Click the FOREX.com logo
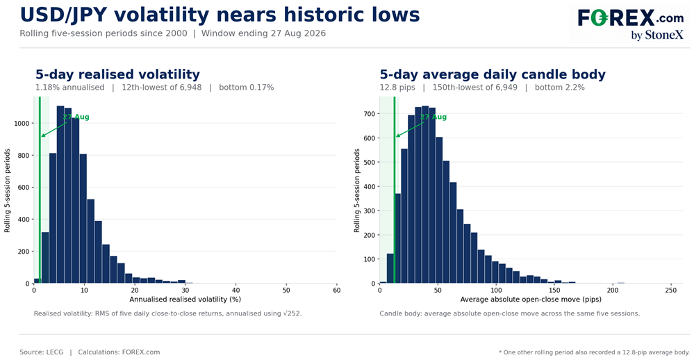[630, 24]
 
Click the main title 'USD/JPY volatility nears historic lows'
[220, 15]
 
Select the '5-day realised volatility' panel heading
[117, 74]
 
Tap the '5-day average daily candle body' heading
[493, 74]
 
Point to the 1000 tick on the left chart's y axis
[22, 124]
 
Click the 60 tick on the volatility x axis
[337, 291]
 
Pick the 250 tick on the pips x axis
[671, 291]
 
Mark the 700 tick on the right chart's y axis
[370, 114]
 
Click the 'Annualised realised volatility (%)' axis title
[185, 300]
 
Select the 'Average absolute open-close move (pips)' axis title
[531, 300]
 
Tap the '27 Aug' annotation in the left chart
[76, 117]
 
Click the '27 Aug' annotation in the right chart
[433, 117]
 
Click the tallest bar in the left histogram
[60, 195]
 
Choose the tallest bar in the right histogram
[425, 195]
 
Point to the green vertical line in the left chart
[40, 190]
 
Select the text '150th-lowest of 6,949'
[475, 88]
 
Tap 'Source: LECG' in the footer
[42, 352]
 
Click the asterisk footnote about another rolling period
[595, 352]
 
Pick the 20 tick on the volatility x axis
[135, 291]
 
